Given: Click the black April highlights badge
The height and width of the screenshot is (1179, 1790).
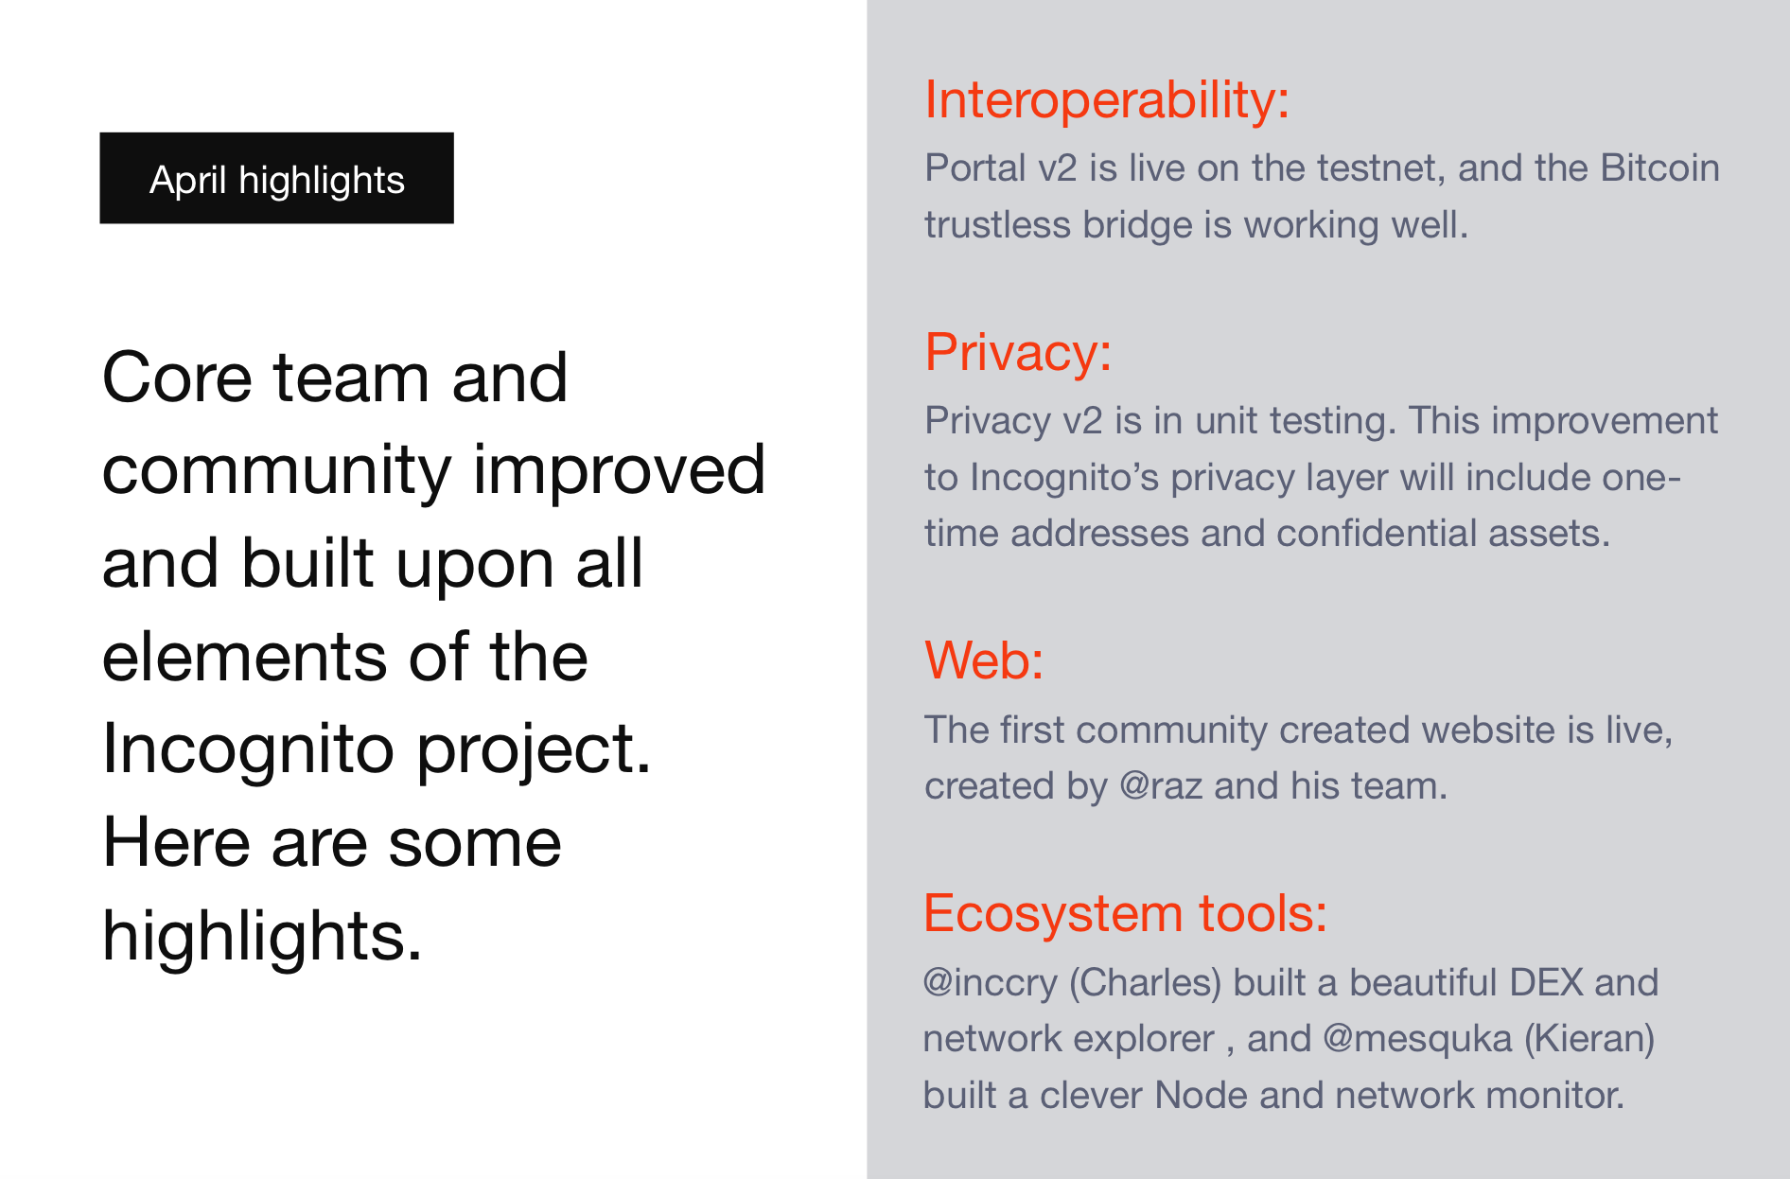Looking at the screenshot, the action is (x=276, y=178).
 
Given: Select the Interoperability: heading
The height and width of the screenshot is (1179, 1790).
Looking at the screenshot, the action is (x=1107, y=99).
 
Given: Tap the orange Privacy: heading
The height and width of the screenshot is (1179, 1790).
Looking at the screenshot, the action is (x=1018, y=353).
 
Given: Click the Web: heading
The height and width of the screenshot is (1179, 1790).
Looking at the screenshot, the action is (x=984, y=660).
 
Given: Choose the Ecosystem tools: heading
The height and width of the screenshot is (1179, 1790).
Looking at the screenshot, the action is (x=1125, y=914).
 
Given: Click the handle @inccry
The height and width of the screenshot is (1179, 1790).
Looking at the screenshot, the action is (x=991, y=983).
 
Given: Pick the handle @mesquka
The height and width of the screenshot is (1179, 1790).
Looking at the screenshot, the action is (x=1417, y=1039).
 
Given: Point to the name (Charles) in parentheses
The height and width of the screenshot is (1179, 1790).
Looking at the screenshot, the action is (x=1146, y=983).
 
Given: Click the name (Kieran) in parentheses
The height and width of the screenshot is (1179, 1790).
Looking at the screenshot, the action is (x=1589, y=1039).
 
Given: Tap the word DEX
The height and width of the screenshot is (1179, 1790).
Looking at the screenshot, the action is (x=1546, y=982).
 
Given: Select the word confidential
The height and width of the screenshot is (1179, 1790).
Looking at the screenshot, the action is (x=1377, y=533).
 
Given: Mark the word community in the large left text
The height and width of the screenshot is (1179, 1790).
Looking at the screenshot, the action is (x=276, y=471).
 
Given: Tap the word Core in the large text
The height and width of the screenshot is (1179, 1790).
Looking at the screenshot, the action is (x=177, y=378).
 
